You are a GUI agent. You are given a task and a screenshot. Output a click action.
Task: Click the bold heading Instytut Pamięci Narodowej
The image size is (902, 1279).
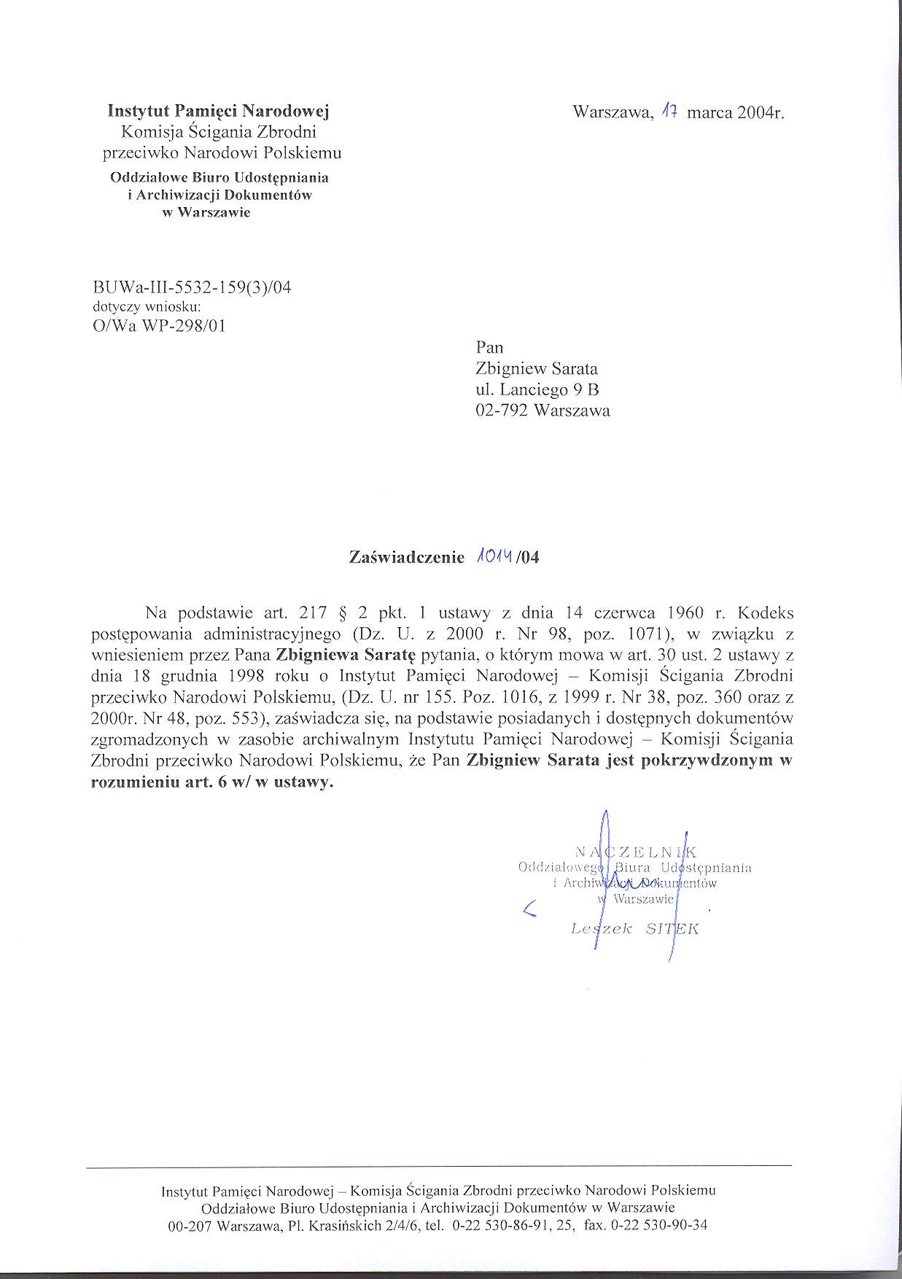(x=219, y=112)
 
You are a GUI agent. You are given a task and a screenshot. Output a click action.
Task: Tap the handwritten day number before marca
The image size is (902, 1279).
(x=669, y=112)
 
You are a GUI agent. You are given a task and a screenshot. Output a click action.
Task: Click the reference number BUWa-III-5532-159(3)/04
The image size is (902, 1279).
(x=193, y=287)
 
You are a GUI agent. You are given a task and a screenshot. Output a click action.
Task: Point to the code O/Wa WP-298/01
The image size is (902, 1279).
(x=160, y=325)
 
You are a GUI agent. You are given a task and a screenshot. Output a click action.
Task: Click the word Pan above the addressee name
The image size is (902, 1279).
(x=489, y=347)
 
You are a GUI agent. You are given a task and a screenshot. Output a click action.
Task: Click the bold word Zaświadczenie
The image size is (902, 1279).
(x=407, y=558)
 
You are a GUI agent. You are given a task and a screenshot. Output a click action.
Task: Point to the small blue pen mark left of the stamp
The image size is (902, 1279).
(x=530, y=908)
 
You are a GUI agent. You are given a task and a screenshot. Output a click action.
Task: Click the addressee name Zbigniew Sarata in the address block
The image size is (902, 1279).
(x=536, y=368)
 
